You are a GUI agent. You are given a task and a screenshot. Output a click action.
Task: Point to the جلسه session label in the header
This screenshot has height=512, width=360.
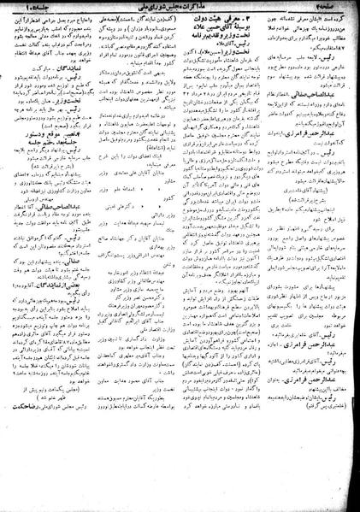pos(30,9)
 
